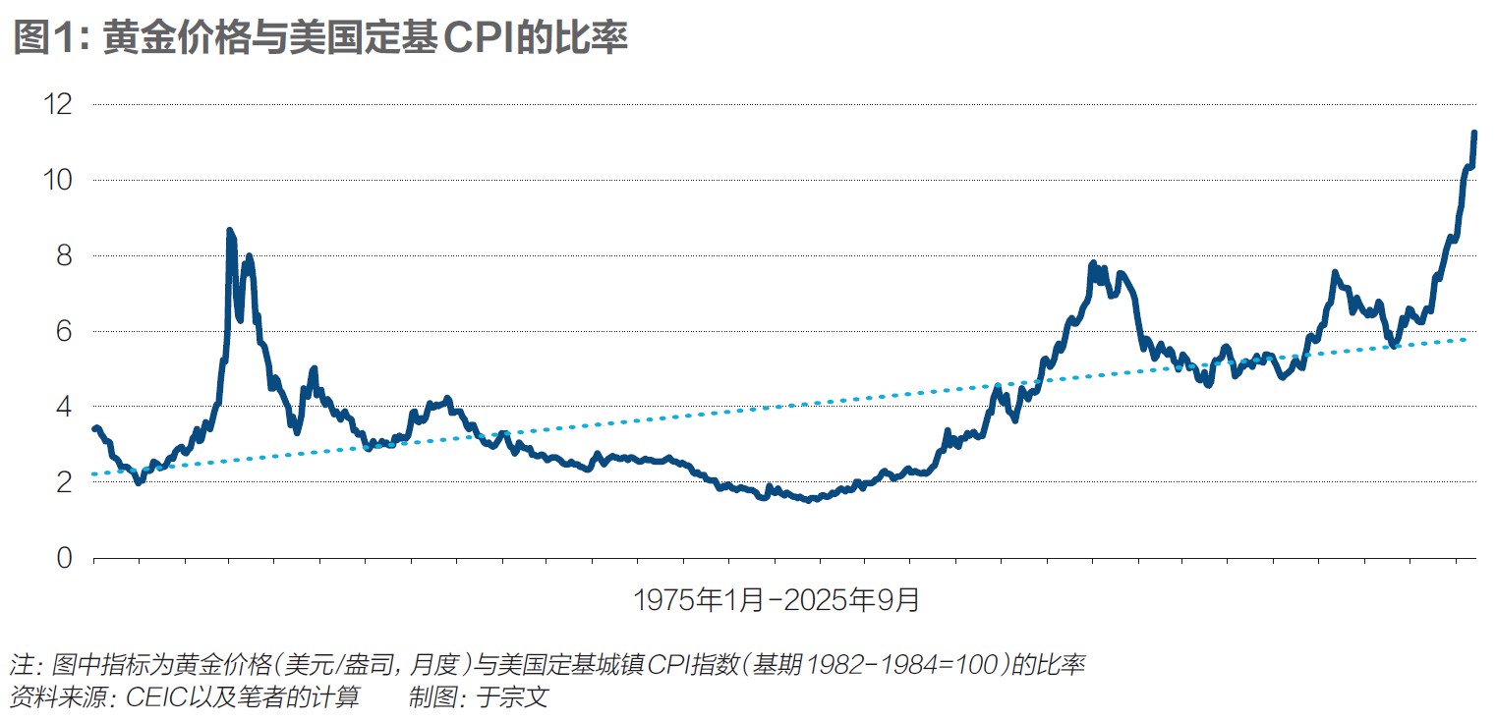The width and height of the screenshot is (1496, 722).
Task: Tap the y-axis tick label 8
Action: click(x=63, y=255)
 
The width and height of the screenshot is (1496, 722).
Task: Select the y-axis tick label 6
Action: click(x=63, y=331)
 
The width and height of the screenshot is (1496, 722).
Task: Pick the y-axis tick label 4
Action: click(x=63, y=407)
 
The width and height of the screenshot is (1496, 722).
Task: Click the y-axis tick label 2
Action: click(x=63, y=482)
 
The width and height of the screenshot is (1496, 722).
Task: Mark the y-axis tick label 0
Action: click(x=63, y=558)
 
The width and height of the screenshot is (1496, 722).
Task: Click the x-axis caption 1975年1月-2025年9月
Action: click(x=777, y=599)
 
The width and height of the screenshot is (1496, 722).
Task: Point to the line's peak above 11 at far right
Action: click(x=1474, y=133)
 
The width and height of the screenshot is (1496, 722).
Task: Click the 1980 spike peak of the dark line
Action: click(x=229, y=231)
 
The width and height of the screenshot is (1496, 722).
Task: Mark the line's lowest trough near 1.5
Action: click(x=808, y=500)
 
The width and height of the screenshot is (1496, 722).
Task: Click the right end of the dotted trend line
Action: click(x=1465, y=339)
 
